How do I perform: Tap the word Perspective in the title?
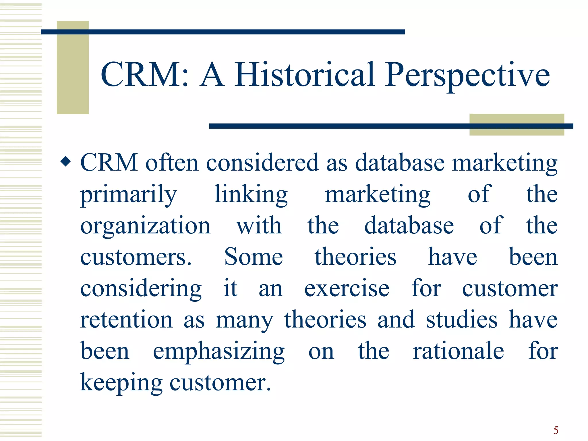tap(467, 75)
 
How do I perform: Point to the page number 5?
tap(556, 430)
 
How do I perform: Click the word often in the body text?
tap(172, 163)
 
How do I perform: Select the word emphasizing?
tap(218, 352)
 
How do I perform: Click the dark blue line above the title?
tap(223, 32)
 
